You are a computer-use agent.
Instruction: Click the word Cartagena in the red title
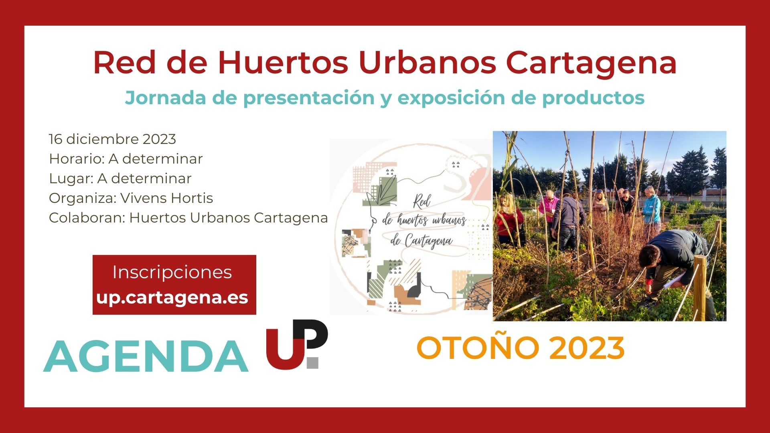coord(591,63)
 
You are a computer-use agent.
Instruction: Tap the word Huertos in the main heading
coord(283,63)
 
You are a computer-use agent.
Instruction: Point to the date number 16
coord(55,139)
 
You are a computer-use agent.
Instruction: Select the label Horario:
coord(77,159)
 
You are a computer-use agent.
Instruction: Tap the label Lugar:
coord(71,179)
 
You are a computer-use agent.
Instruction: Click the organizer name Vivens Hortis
coord(166,198)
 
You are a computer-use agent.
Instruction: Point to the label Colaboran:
coord(87,218)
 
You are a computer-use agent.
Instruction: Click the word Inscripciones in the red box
coord(172,272)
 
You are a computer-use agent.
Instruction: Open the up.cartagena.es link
coord(172,297)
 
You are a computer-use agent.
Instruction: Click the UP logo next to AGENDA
coord(297,344)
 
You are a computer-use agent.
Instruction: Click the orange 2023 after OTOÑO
coord(587,348)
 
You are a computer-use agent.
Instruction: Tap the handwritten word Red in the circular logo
coord(421,202)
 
